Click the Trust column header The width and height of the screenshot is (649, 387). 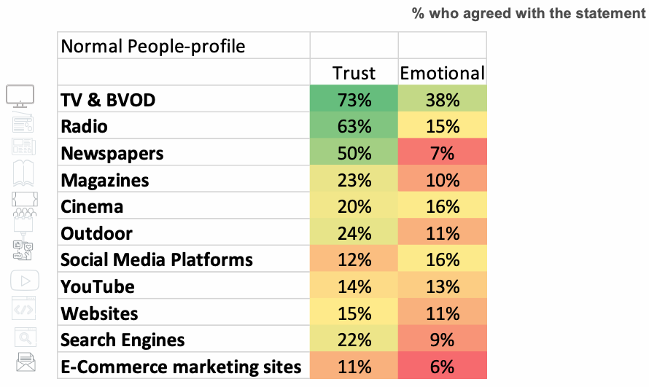point(354,73)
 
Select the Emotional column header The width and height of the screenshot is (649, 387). point(442,73)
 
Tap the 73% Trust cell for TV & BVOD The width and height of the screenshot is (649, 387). point(354,100)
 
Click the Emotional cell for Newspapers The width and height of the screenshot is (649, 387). point(442,154)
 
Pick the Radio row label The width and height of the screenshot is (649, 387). point(85,127)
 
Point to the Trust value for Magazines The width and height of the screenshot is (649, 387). point(354,180)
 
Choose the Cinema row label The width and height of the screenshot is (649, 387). point(92,207)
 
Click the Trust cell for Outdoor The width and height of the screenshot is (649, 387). point(354,233)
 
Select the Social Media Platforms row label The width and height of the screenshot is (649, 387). point(157,260)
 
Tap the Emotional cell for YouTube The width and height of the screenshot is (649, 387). point(442,286)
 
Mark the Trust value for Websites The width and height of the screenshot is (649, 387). point(354,313)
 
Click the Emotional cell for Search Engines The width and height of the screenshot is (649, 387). point(442,340)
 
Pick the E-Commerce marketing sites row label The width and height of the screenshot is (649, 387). point(181,367)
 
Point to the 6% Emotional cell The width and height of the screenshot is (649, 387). point(442,367)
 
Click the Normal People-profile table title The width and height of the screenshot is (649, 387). point(153,47)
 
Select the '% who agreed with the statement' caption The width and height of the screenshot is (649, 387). point(528,14)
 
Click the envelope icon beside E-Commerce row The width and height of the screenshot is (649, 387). point(25,361)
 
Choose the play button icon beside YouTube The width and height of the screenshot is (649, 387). point(25,281)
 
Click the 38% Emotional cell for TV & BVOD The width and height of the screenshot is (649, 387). point(442,100)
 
